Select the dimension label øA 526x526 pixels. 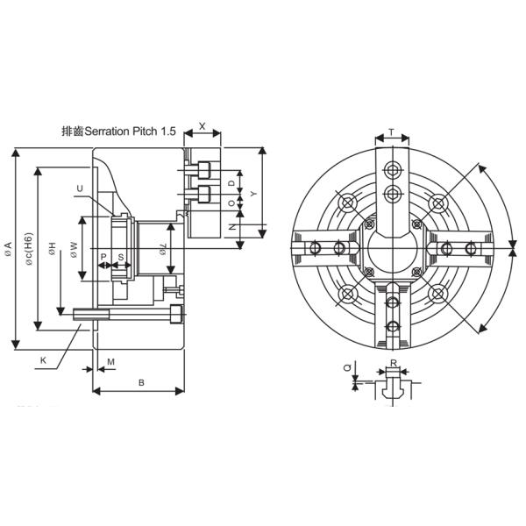[x=8, y=248]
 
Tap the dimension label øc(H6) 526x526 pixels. [x=29, y=249]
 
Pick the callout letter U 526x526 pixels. [x=80, y=188]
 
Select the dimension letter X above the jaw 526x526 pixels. [x=203, y=126]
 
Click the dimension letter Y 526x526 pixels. [x=253, y=192]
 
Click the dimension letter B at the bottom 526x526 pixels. [x=141, y=382]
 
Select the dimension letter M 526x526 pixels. [x=110, y=361]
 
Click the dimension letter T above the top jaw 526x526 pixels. [x=391, y=132]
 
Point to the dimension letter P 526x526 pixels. [x=103, y=258]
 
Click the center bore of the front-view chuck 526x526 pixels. [x=392, y=248]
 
